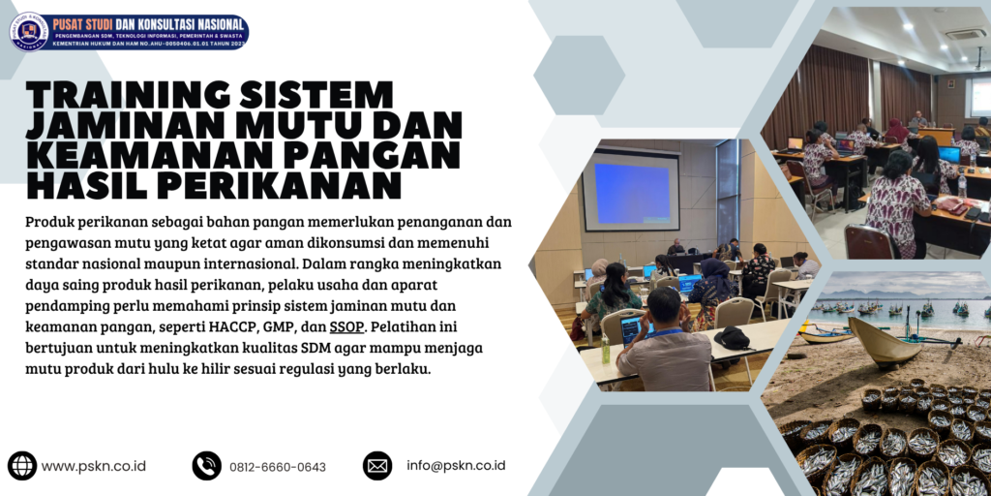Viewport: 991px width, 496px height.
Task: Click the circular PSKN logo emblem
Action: [29, 32]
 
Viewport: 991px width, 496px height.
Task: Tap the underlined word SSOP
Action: [346, 327]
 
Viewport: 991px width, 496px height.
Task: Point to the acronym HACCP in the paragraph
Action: [216, 327]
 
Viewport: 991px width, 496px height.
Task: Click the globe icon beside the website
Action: [22, 466]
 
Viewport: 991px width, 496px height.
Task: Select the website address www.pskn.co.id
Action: [94, 466]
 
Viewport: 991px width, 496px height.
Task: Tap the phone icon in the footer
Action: [206, 466]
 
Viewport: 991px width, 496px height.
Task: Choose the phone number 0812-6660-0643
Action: [278, 467]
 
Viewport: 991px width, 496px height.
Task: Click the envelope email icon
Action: [377, 466]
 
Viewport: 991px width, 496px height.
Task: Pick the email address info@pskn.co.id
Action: [456, 466]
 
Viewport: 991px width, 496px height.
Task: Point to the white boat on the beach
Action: [885, 345]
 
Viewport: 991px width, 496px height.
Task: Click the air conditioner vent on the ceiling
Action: [965, 34]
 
